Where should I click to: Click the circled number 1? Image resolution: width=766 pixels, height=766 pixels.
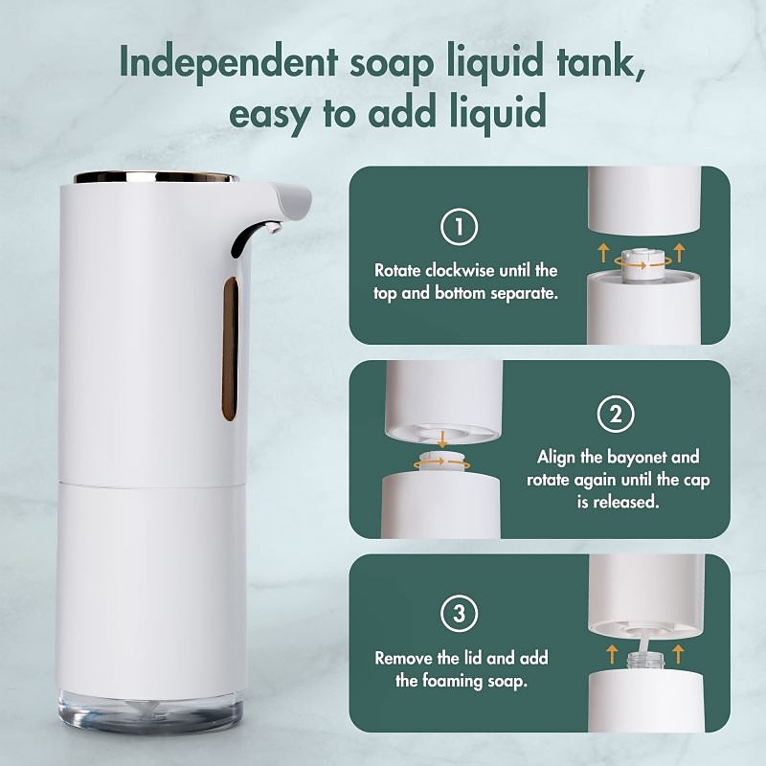pyautogui.click(x=459, y=227)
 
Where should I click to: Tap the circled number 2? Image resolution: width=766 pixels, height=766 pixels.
pyautogui.click(x=616, y=415)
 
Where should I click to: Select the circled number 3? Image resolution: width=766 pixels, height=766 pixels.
pyautogui.click(x=459, y=613)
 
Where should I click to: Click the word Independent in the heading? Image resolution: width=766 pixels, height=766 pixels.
pyautogui.click(x=229, y=62)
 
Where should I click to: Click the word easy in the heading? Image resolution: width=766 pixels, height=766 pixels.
pyautogui.click(x=269, y=113)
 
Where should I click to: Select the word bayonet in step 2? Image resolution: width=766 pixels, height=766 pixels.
pyautogui.click(x=637, y=458)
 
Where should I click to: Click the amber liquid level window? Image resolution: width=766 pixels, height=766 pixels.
pyautogui.click(x=230, y=349)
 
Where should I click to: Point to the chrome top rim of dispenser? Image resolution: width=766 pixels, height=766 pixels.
pyautogui.click(x=155, y=177)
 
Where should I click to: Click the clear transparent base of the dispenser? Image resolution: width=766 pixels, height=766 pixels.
pyautogui.click(x=150, y=711)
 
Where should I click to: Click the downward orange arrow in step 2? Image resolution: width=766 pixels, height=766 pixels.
pyautogui.click(x=442, y=439)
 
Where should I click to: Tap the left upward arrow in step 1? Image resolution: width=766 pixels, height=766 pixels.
pyautogui.click(x=604, y=253)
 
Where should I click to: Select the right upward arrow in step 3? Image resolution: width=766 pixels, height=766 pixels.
pyautogui.click(x=678, y=654)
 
